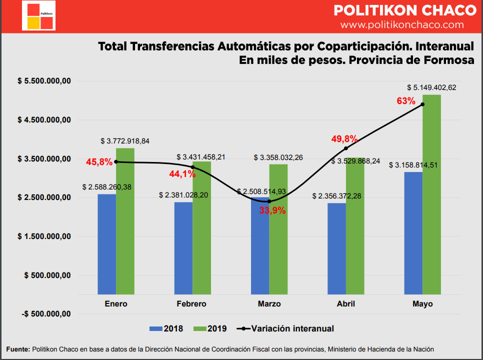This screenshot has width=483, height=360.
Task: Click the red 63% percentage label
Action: pyautogui.click(x=406, y=100)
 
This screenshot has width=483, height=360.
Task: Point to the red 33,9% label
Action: pyautogui.click(x=272, y=210)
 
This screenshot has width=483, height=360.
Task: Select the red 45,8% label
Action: pyautogui.click(x=99, y=162)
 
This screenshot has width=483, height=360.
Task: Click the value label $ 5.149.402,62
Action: pyautogui.click(x=431, y=87)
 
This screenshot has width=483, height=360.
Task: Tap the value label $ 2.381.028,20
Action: pyautogui.click(x=183, y=195)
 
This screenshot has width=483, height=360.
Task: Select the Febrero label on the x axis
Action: pyautogui.click(x=191, y=304)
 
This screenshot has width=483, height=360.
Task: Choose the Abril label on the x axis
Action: pyautogui.click(x=345, y=304)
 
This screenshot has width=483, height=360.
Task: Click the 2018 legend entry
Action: pyautogui.click(x=166, y=328)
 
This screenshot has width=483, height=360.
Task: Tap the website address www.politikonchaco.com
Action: pyautogui.click(x=402, y=24)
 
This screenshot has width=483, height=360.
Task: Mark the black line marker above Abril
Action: pyautogui.click(x=346, y=148)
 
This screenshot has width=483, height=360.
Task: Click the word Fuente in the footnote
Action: pyautogui.click(x=17, y=349)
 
